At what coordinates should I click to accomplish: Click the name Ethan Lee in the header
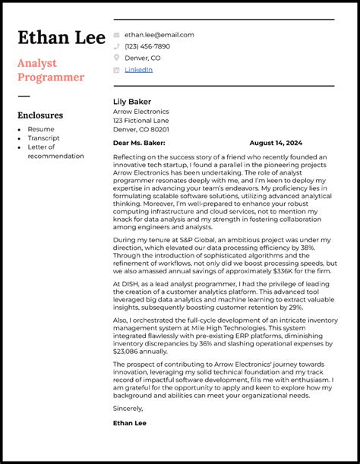click(x=61, y=38)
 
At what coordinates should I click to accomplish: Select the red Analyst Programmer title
click(x=51, y=70)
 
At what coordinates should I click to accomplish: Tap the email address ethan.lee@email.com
click(x=159, y=35)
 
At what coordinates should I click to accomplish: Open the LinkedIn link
click(x=138, y=70)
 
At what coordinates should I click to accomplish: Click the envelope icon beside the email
click(x=116, y=35)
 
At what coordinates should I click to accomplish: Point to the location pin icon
click(x=116, y=58)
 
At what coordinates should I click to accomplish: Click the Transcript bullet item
click(x=43, y=138)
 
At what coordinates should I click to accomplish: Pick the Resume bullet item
click(x=41, y=129)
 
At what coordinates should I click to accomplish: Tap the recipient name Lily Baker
click(x=132, y=102)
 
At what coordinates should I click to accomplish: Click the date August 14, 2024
click(x=276, y=143)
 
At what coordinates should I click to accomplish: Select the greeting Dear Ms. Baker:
click(x=139, y=143)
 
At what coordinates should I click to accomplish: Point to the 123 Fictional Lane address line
click(x=141, y=120)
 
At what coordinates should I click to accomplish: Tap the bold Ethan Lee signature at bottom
click(x=130, y=422)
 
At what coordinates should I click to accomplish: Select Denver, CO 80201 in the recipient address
click(x=142, y=129)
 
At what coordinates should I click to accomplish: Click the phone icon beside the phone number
click(x=116, y=46)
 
